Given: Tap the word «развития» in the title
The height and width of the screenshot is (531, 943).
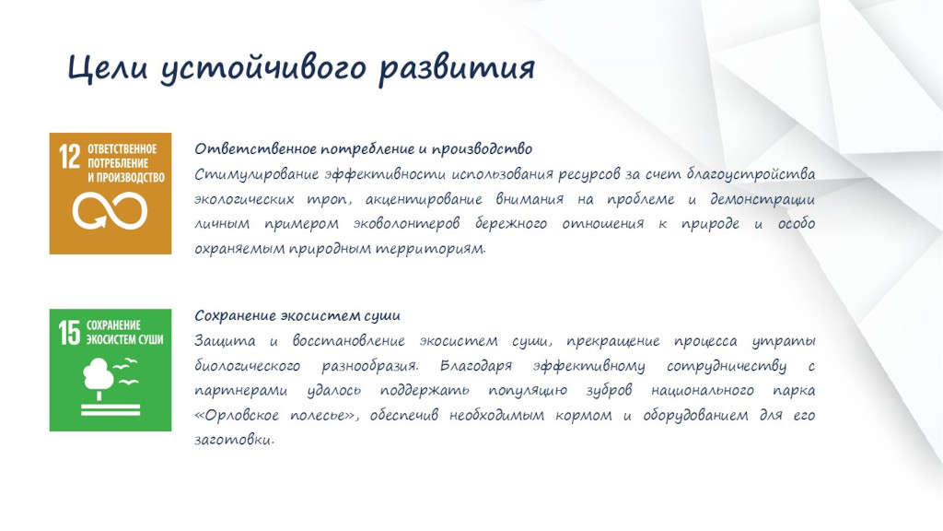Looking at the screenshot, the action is click(457, 68).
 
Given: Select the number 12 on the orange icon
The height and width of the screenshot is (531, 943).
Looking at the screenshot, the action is click(69, 157).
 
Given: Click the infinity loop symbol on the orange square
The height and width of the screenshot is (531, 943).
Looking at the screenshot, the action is click(111, 211).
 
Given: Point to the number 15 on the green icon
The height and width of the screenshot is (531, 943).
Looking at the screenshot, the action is click(69, 333).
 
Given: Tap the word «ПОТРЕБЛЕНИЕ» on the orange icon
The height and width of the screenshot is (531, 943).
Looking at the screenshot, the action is click(118, 163).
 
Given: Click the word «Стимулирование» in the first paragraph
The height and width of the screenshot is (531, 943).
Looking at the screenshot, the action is click(256, 174).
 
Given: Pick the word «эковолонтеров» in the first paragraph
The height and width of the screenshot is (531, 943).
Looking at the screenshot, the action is click(406, 224).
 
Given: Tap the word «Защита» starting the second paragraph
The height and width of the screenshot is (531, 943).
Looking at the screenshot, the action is click(225, 341).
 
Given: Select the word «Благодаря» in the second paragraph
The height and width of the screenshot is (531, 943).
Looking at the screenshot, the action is click(476, 366).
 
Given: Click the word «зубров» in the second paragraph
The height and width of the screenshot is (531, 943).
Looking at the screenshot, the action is click(610, 391).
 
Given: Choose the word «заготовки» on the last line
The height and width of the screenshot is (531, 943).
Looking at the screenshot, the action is click(233, 440).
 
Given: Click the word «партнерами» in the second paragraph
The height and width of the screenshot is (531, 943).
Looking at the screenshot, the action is click(240, 391).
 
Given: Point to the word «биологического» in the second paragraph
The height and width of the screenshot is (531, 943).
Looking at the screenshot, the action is click(247, 366).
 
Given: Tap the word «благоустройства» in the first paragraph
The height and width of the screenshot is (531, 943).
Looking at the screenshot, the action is click(751, 174).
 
